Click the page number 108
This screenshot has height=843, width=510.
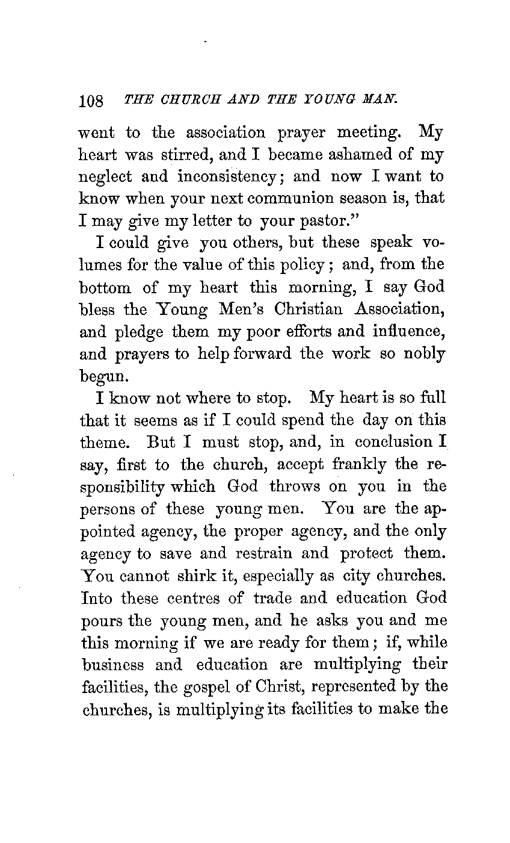(92, 100)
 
